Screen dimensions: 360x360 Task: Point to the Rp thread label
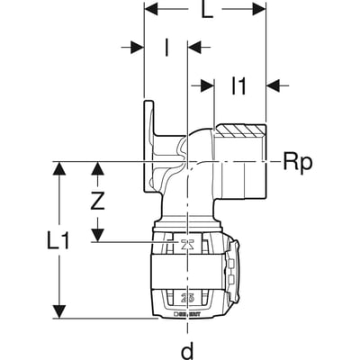click(297, 162)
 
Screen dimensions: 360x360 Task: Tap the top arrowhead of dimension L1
click(60, 168)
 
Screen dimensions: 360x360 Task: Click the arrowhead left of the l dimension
click(138, 46)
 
